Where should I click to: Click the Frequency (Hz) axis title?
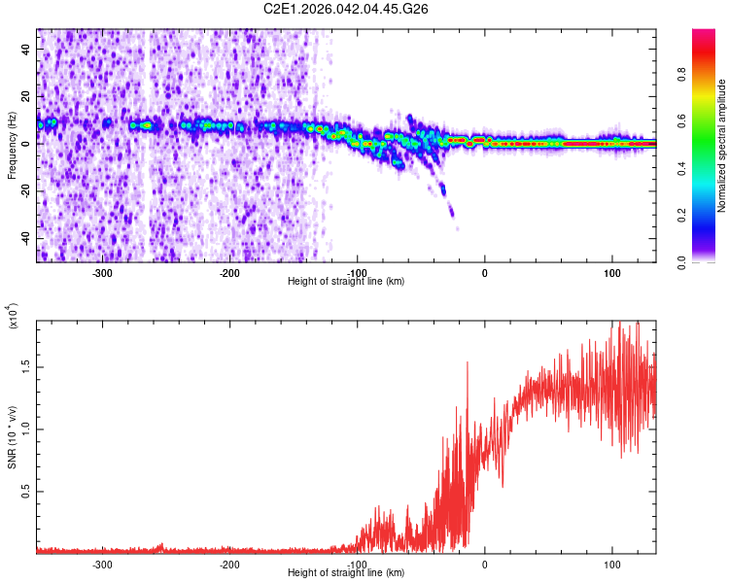coord(12,146)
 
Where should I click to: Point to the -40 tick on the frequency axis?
coord(26,238)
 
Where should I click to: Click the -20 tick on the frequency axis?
coord(26,190)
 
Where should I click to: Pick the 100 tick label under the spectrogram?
coord(612,273)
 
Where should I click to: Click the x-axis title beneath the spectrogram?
coord(346,282)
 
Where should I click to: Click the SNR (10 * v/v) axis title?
coord(12,437)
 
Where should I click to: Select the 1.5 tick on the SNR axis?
coord(26,365)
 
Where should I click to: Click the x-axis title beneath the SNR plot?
coord(346,573)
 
